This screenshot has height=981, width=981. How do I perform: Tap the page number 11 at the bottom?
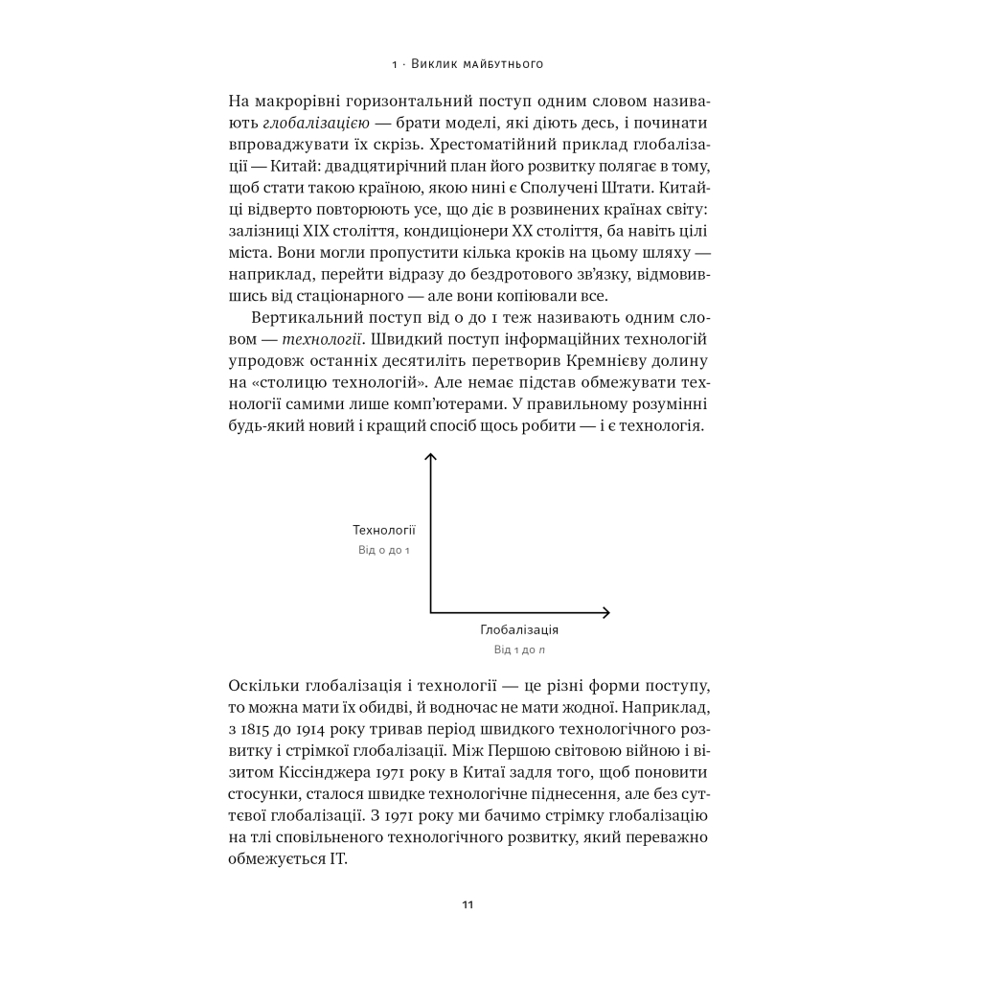click(467, 904)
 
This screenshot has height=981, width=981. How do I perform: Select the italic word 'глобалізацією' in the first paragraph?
click(311, 124)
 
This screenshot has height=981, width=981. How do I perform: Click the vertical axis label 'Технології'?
click(384, 530)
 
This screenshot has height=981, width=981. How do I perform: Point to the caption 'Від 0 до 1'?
click(384, 551)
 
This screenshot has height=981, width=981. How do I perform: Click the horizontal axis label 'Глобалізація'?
click(519, 630)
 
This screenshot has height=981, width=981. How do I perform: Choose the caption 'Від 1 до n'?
click(519, 650)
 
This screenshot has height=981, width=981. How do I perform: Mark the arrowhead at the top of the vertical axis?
click(431, 458)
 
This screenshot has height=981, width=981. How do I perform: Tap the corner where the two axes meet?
click(431, 611)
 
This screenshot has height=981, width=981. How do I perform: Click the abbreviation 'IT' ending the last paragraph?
click(336, 858)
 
